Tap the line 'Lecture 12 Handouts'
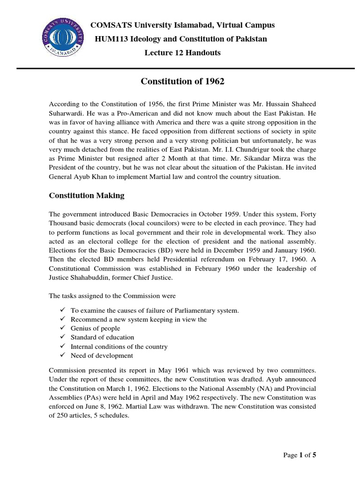pos(182,52)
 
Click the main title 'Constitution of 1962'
pos(182,82)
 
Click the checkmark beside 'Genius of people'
pos(63,328)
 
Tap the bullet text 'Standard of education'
pos(102,337)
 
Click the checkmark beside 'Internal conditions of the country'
pos(63,346)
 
